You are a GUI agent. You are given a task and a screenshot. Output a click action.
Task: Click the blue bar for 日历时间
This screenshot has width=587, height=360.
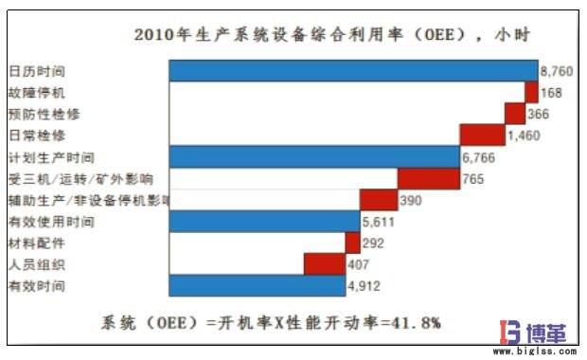(352, 71)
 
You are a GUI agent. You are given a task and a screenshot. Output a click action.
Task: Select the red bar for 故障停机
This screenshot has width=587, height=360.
(531, 93)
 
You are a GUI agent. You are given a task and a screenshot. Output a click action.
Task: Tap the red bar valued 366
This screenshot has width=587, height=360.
(515, 114)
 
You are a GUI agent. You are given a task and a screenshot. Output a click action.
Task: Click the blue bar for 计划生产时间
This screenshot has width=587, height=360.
(313, 157)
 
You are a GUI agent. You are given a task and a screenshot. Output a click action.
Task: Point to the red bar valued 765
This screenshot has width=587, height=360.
(428, 178)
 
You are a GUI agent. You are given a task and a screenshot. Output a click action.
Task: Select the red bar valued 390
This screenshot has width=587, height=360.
(378, 200)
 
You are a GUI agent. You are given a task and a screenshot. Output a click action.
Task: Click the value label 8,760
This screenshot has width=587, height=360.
(557, 71)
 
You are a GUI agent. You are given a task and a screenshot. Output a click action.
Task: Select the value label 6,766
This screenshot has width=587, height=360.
(479, 157)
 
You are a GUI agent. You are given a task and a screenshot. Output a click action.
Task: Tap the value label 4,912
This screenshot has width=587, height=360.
(365, 286)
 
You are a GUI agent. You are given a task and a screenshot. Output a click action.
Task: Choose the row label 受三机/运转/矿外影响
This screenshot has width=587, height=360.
(80, 178)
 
